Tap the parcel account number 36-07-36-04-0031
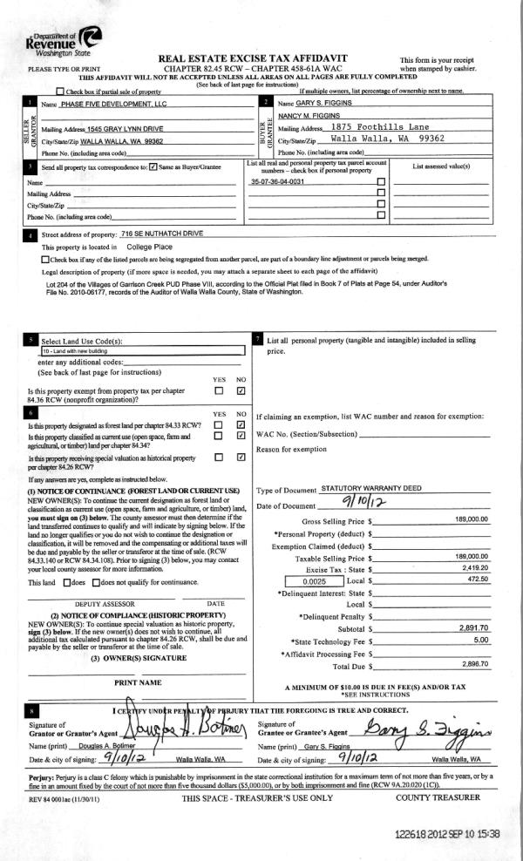click(x=279, y=182)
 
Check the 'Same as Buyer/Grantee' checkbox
click(x=153, y=166)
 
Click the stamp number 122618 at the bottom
click(x=416, y=834)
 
